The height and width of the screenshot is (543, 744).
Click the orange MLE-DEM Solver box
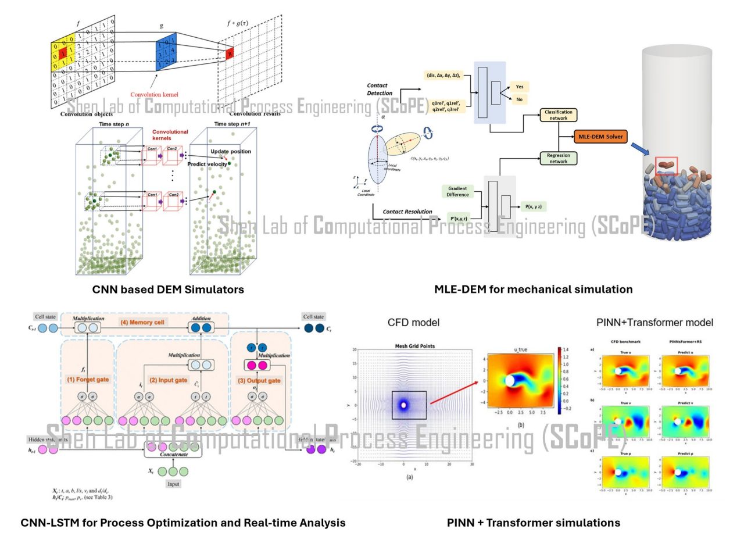click(x=600, y=137)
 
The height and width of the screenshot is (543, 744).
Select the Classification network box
click(x=558, y=115)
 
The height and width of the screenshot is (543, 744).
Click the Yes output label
click(x=519, y=87)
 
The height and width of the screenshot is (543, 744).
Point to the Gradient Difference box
click(x=458, y=191)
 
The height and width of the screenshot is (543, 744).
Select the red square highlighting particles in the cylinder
click(x=666, y=166)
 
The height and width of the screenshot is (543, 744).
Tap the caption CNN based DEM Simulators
click(x=168, y=289)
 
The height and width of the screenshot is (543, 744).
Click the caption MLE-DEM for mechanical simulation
click(x=533, y=289)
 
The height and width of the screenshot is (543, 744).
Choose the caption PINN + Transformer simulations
click(x=533, y=523)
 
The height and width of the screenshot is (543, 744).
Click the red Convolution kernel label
click(x=154, y=94)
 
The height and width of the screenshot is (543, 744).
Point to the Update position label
click(x=231, y=152)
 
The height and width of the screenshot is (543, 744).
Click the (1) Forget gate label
click(x=87, y=379)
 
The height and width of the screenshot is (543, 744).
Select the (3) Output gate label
click(x=259, y=380)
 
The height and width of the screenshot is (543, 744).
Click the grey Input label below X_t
click(x=174, y=484)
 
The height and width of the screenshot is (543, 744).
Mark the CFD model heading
click(x=413, y=323)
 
